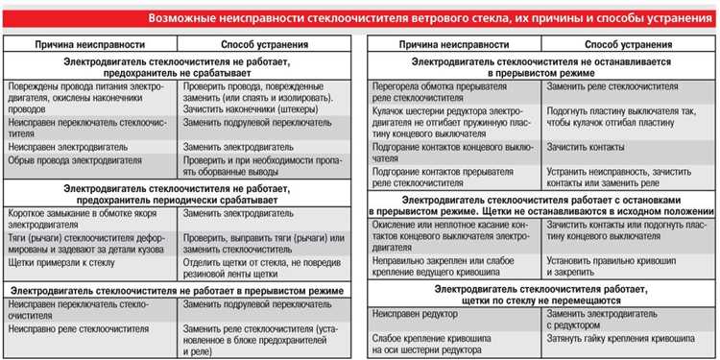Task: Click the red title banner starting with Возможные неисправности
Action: pyautogui.click(x=431, y=18)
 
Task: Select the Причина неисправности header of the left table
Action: pyautogui.click(x=90, y=45)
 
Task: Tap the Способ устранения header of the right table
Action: pyautogui.click(x=613, y=45)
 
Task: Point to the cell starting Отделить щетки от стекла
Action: pyautogui.click(x=264, y=267)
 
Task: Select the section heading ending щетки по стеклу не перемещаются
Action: pyautogui.click(x=541, y=294)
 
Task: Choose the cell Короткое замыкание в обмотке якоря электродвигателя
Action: pyautogui.click(x=83, y=218)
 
